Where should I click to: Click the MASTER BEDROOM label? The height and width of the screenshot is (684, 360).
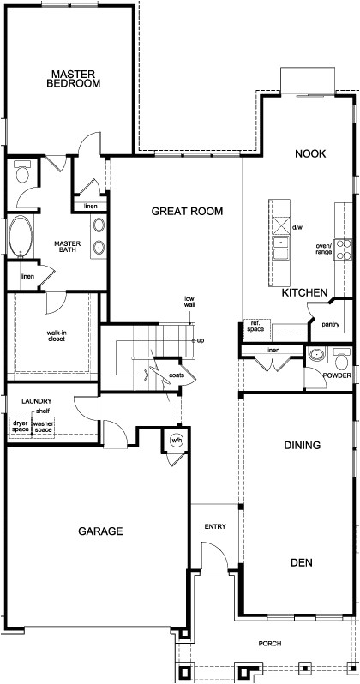click(74, 79)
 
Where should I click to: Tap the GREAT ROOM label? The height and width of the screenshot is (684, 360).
click(187, 211)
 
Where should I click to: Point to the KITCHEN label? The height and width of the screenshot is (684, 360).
click(305, 293)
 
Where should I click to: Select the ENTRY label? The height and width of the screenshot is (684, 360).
click(214, 527)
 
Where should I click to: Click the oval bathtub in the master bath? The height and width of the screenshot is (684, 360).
click(19, 237)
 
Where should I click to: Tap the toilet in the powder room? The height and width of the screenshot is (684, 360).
click(342, 358)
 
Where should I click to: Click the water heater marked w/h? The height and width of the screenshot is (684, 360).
click(177, 441)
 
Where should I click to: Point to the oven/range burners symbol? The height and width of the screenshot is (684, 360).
click(343, 249)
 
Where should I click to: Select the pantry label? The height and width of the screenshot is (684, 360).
click(330, 325)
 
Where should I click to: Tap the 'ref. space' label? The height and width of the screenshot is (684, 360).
click(255, 327)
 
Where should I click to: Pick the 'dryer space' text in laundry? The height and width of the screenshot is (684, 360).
click(20, 426)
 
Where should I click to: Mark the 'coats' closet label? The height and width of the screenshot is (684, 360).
click(177, 375)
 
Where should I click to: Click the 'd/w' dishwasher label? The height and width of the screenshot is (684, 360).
click(297, 228)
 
